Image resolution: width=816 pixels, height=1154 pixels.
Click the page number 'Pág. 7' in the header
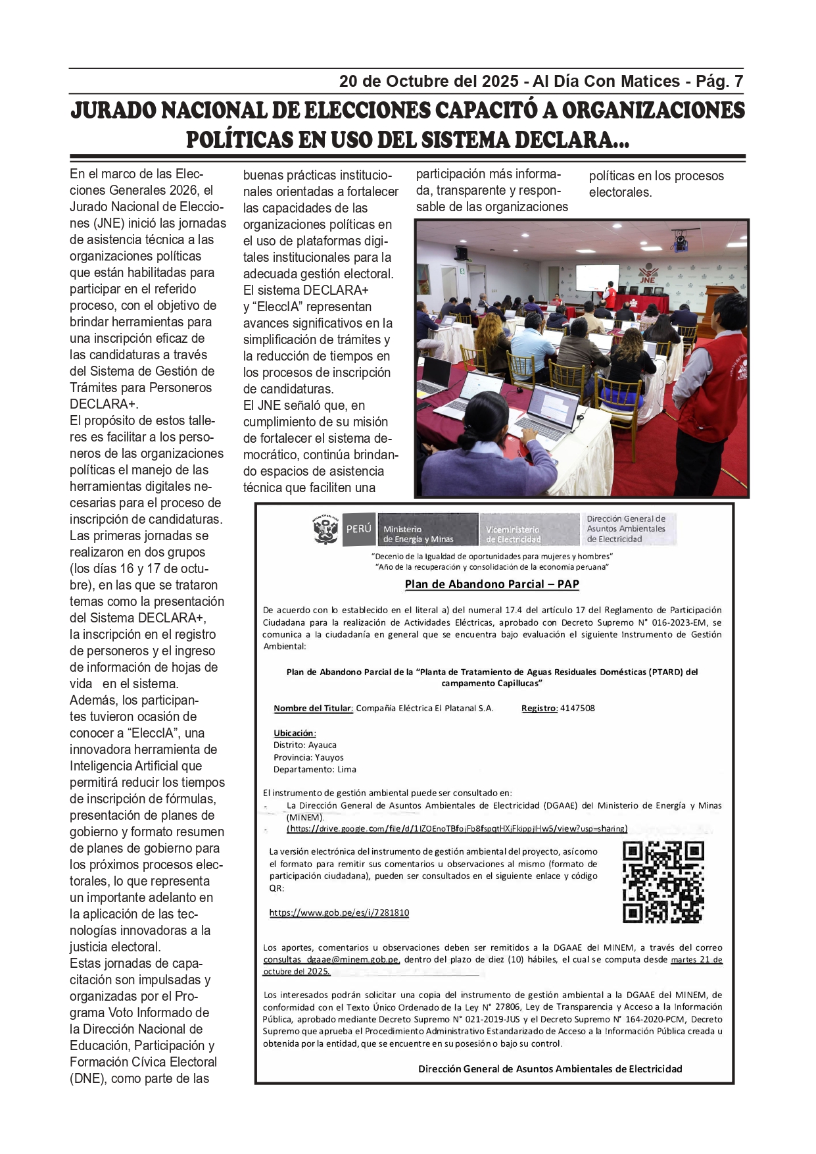tap(719, 82)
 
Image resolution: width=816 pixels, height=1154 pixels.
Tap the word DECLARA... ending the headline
tap(571, 140)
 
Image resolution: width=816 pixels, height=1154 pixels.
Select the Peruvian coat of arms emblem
tap(325, 530)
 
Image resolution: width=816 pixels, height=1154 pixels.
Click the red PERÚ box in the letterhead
tap(358, 529)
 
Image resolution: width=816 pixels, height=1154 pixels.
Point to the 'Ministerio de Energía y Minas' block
tap(426, 530)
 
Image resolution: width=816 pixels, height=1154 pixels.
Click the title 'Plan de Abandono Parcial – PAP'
tap(492, 584)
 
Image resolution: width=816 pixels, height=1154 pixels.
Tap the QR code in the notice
tap(663, 882)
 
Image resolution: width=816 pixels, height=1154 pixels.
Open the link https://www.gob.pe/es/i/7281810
tap(339, 913)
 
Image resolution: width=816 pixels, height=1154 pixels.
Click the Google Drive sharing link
tap(457, 829)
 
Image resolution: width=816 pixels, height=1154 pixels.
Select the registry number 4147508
tap(577, 709)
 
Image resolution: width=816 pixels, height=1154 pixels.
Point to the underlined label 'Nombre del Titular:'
tap(314, 709)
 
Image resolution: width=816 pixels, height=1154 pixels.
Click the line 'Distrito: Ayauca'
tap(305, 745)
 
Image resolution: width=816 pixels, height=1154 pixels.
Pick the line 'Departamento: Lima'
tap(315, 770)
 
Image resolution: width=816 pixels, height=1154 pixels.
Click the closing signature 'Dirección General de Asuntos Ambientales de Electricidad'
tap(550, 1069)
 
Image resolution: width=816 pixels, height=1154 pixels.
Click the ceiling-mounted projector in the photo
tap(680, 241)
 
